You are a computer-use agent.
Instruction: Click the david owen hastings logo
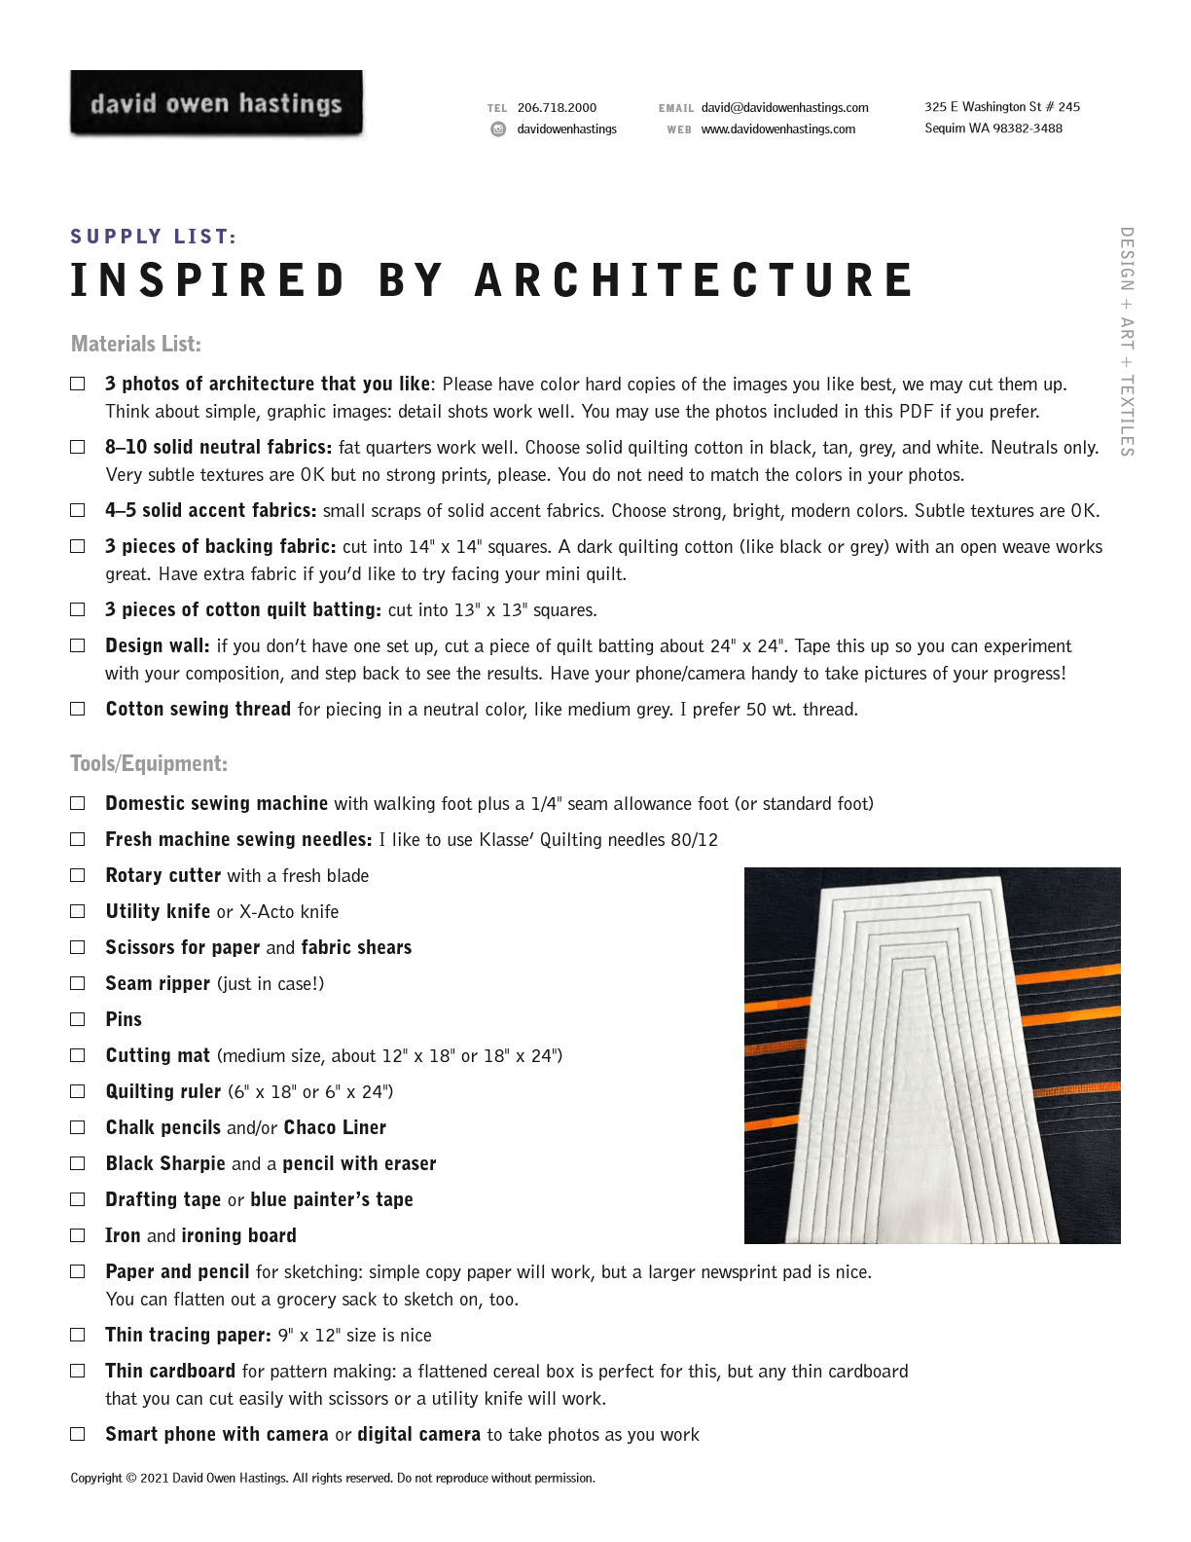pos(216,103)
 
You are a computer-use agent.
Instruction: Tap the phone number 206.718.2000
pos(557,108)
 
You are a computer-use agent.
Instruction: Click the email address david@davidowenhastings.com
pos(784,108)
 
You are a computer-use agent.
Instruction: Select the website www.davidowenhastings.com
pos(777,128)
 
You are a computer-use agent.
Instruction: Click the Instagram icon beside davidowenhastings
pos(498,128)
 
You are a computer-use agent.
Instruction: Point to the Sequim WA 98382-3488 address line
pos(992,128)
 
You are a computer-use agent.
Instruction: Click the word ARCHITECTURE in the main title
pos(695,280)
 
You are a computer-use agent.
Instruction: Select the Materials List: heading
pos(135,344)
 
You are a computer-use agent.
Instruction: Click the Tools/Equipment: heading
pos(148,763)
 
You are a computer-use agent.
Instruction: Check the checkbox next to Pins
pos(78,1019)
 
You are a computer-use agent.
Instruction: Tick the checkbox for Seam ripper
pos(78,983)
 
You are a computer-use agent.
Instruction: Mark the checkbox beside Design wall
pos(78,645)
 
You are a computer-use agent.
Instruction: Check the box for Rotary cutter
pos(78,875)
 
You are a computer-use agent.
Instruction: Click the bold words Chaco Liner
pos(335,1127)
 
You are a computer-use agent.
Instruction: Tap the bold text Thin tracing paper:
pos(188,1335)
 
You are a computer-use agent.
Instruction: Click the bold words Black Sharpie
pos(164,1163)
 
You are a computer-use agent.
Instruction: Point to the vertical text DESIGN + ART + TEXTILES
pos(1127,341)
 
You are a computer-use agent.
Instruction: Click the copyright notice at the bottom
pos(332,1478)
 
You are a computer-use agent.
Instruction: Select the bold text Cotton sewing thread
pos(198,709)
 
